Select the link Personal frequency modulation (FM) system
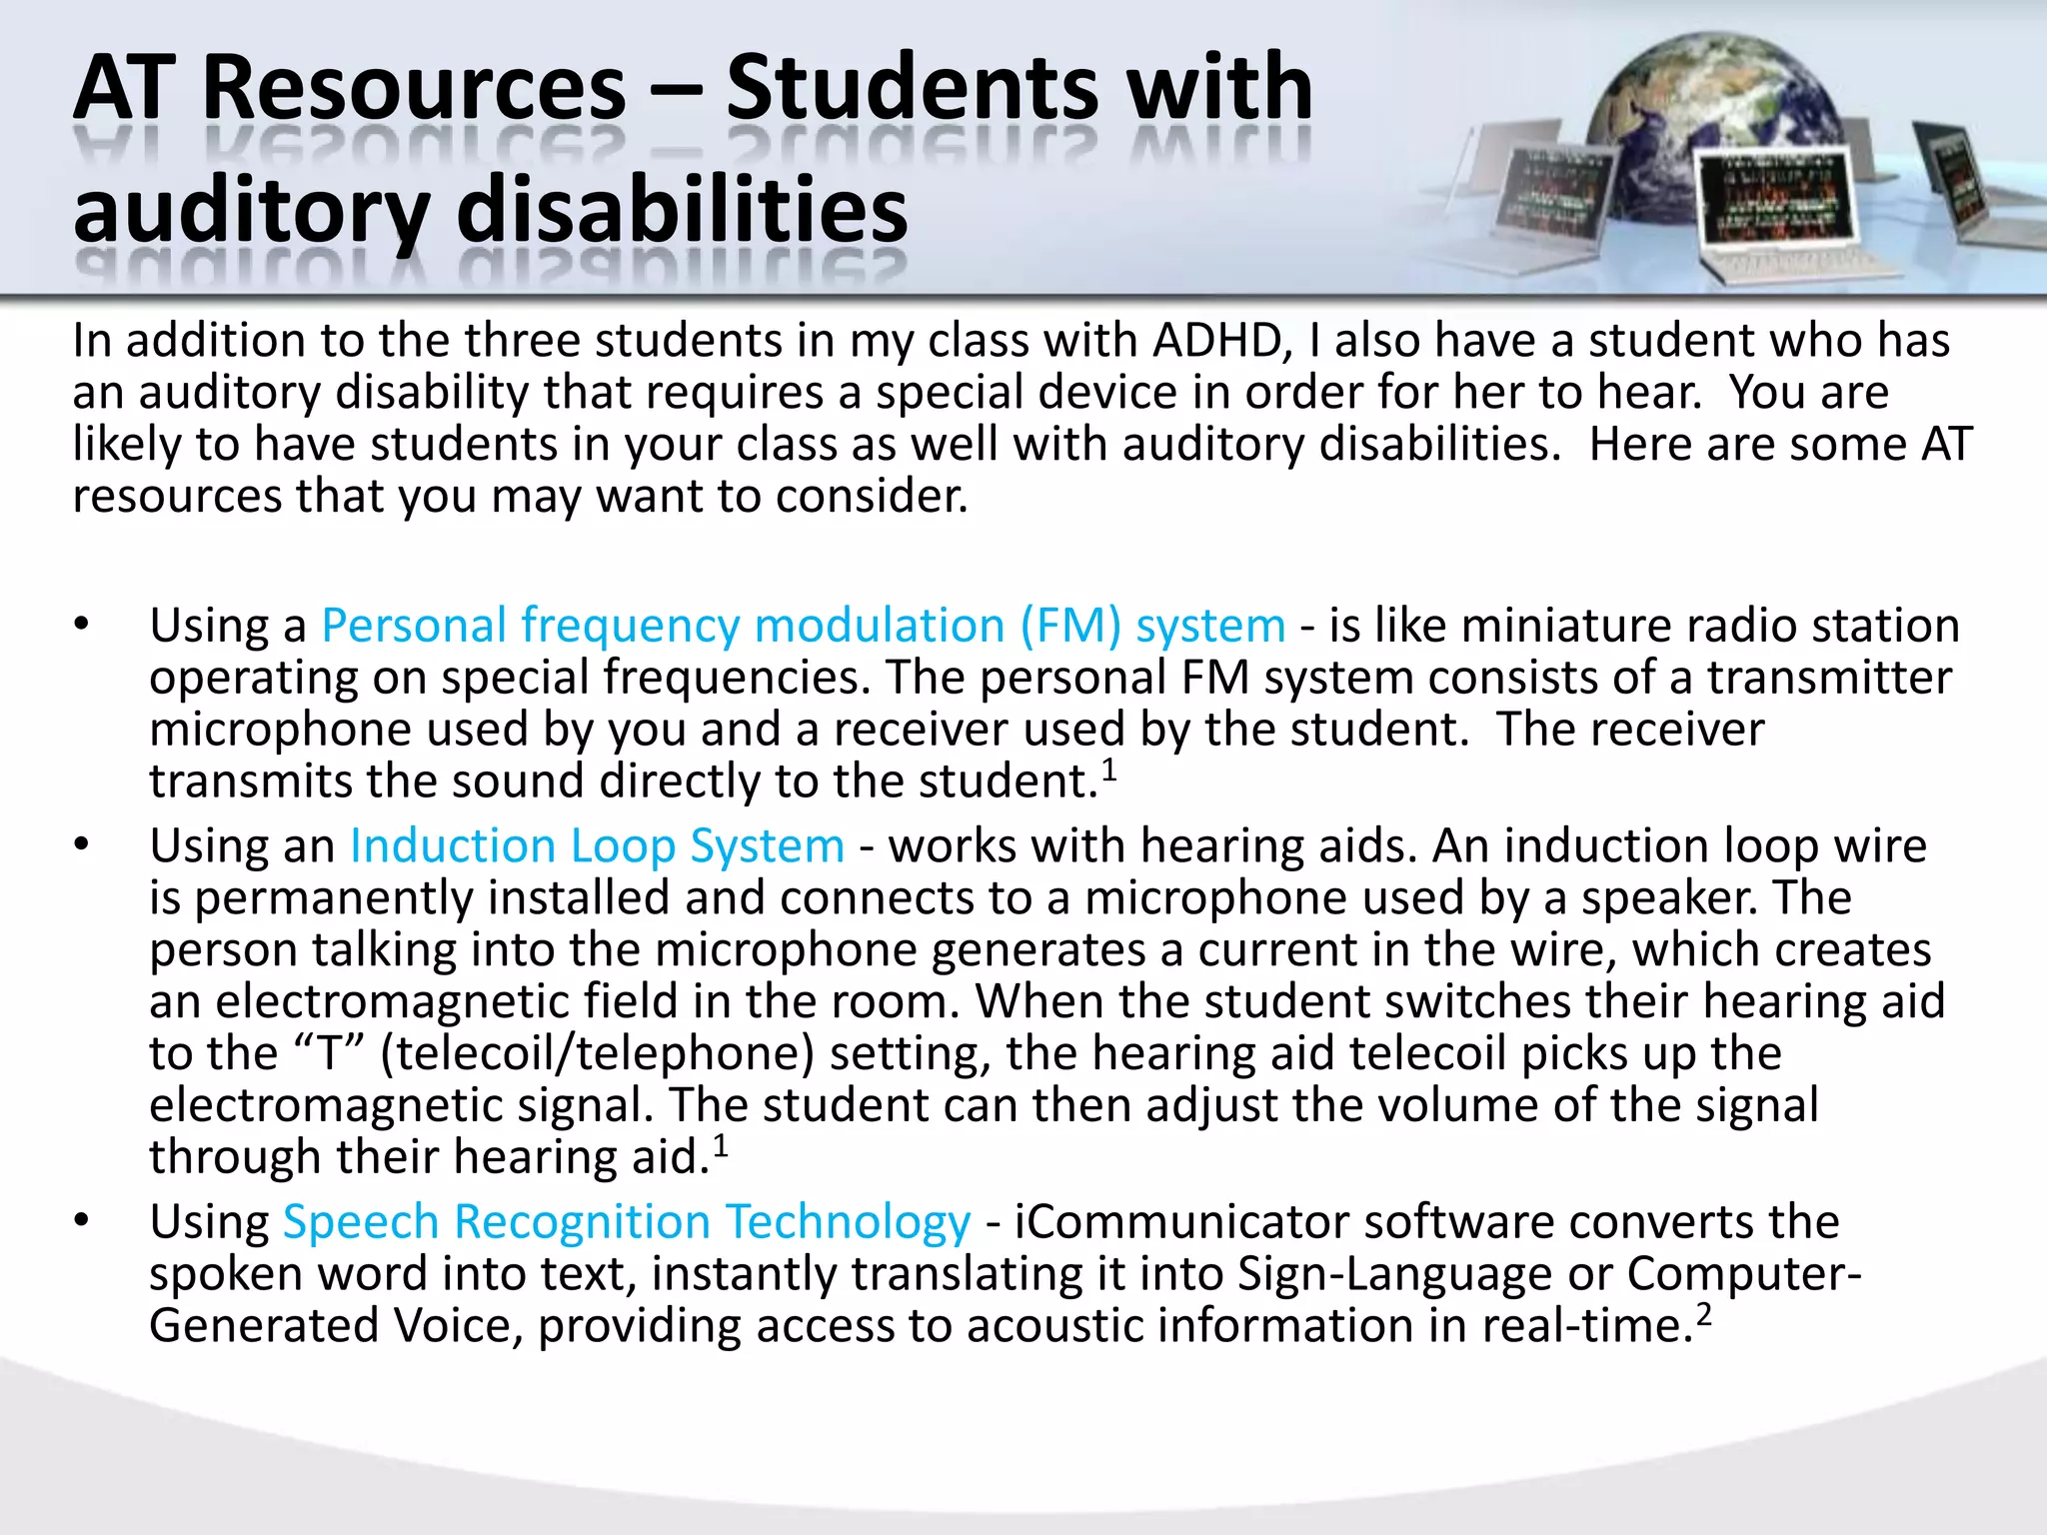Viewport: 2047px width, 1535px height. point(803,627)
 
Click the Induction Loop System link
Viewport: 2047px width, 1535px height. point(597,846)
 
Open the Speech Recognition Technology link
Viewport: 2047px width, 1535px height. point(627,1222)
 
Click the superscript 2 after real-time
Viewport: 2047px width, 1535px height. point(1704,1314)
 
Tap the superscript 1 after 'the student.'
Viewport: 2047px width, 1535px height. point(1108,769)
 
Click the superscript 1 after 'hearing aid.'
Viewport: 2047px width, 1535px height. point(721,1145)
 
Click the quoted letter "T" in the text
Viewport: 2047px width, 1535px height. point(329,1053)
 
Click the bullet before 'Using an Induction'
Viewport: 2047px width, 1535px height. point(81,846)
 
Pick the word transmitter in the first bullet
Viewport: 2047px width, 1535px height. point(1828,679)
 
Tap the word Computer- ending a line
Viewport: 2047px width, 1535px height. point(1744,1274)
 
